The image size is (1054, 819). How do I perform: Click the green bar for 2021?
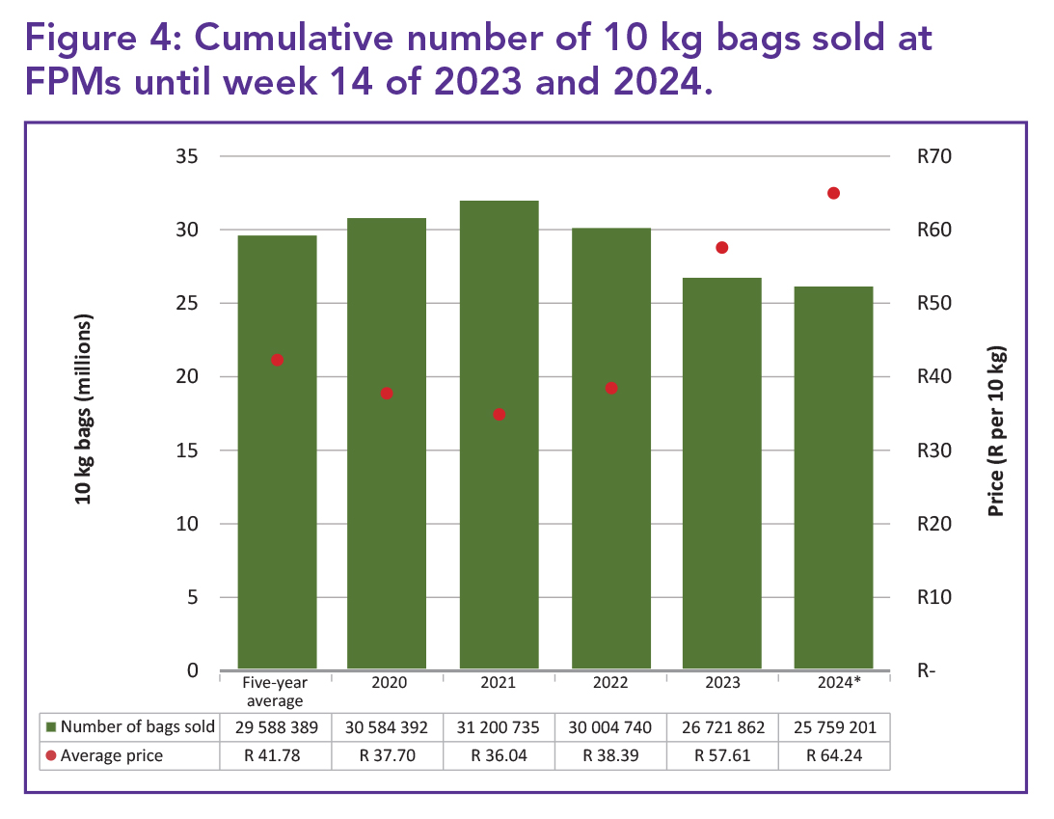coord(499,434)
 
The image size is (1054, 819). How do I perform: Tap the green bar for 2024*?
coord(833,478)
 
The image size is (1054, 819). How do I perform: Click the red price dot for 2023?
coord(722,248)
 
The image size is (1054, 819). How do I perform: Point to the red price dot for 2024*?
coord(834,193)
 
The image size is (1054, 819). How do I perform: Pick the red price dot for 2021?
coord(500,415)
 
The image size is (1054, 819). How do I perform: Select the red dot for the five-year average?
coord(277,360)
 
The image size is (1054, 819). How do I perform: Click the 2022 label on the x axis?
coord(610,682)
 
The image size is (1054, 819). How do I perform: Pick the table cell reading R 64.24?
coord(833,755)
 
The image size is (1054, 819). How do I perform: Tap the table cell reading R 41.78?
coord(277,755)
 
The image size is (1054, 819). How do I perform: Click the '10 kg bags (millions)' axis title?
coord(84,409)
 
